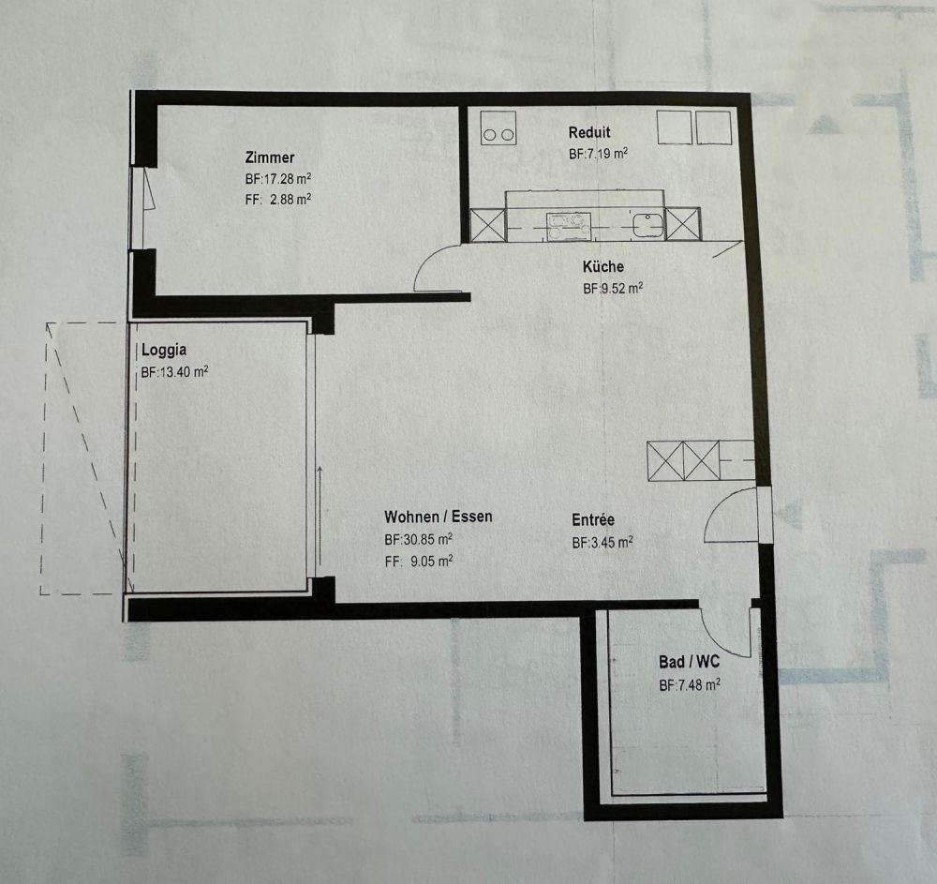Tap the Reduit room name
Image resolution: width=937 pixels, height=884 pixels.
589,133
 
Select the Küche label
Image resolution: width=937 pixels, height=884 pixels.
602,267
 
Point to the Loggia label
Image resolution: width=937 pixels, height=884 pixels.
164,352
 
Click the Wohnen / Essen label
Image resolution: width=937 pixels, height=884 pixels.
438,517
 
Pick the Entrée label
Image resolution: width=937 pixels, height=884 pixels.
593,520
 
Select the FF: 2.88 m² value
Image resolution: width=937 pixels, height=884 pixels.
278,199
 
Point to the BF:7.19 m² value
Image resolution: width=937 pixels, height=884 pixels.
598,155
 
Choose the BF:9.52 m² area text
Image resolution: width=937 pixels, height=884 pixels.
613,289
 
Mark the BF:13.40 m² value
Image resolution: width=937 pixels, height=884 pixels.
174,372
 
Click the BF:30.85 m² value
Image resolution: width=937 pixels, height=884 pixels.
419,540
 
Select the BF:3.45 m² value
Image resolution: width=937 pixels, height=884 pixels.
602,542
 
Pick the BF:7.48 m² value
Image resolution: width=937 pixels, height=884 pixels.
690,685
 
